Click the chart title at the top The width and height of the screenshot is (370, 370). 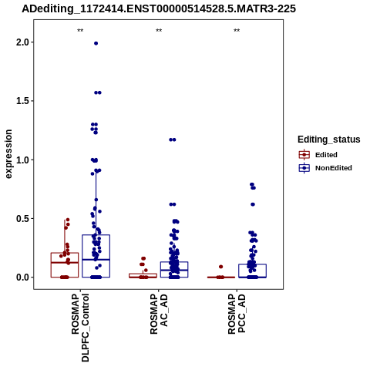point(159,8)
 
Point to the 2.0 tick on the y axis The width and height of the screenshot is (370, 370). point(22,42)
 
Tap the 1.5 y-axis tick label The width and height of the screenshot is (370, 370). point(22,101)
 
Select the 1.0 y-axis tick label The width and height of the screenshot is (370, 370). point(22,160)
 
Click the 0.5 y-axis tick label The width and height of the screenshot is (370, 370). point(22,218)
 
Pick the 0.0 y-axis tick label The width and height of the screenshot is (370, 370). point(22,277)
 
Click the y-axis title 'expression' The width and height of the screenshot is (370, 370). point(8,154)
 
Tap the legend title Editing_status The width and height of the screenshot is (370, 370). point(329,140)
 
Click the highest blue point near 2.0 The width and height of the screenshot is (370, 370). point(96,43)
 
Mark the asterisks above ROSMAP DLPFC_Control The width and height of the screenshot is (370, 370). point(80,31)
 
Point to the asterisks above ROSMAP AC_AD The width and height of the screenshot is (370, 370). point(159,31)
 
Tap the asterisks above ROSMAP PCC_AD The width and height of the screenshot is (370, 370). point(237,31)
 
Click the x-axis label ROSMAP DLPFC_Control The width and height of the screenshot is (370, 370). point(80,328)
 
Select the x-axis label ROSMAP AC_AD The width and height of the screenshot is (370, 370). point(159,314)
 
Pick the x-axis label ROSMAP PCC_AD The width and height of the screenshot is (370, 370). point(237,314)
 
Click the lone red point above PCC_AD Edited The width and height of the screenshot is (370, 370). point(221,267)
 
